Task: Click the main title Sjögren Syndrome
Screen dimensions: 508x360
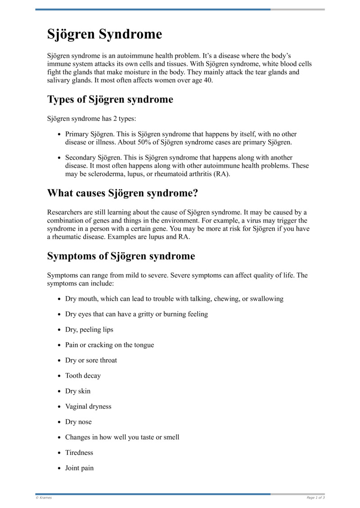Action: pos(104,34)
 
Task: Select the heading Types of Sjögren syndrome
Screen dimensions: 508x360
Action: pos(110,99)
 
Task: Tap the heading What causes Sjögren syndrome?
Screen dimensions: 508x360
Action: pos(122,193)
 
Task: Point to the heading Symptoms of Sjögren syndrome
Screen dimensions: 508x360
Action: pos(121,256)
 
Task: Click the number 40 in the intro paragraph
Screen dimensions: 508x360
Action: pos(208,80)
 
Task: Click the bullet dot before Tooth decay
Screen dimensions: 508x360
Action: pos(60,376)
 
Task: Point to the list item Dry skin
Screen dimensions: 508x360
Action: pos(78,391)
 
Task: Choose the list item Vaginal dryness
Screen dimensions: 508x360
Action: pos(88,406)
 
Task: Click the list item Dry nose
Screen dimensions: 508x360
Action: pos(78,422)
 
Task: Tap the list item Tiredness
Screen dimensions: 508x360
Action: pos(79,452)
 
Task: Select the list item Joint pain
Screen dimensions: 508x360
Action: pos(80,468)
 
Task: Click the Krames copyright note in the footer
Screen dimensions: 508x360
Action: pos(44,498)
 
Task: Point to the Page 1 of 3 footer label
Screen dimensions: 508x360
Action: pos(315,498)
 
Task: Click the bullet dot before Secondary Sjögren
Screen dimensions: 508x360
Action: pos(60,158)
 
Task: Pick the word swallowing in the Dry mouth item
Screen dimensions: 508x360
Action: pos(266,299)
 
